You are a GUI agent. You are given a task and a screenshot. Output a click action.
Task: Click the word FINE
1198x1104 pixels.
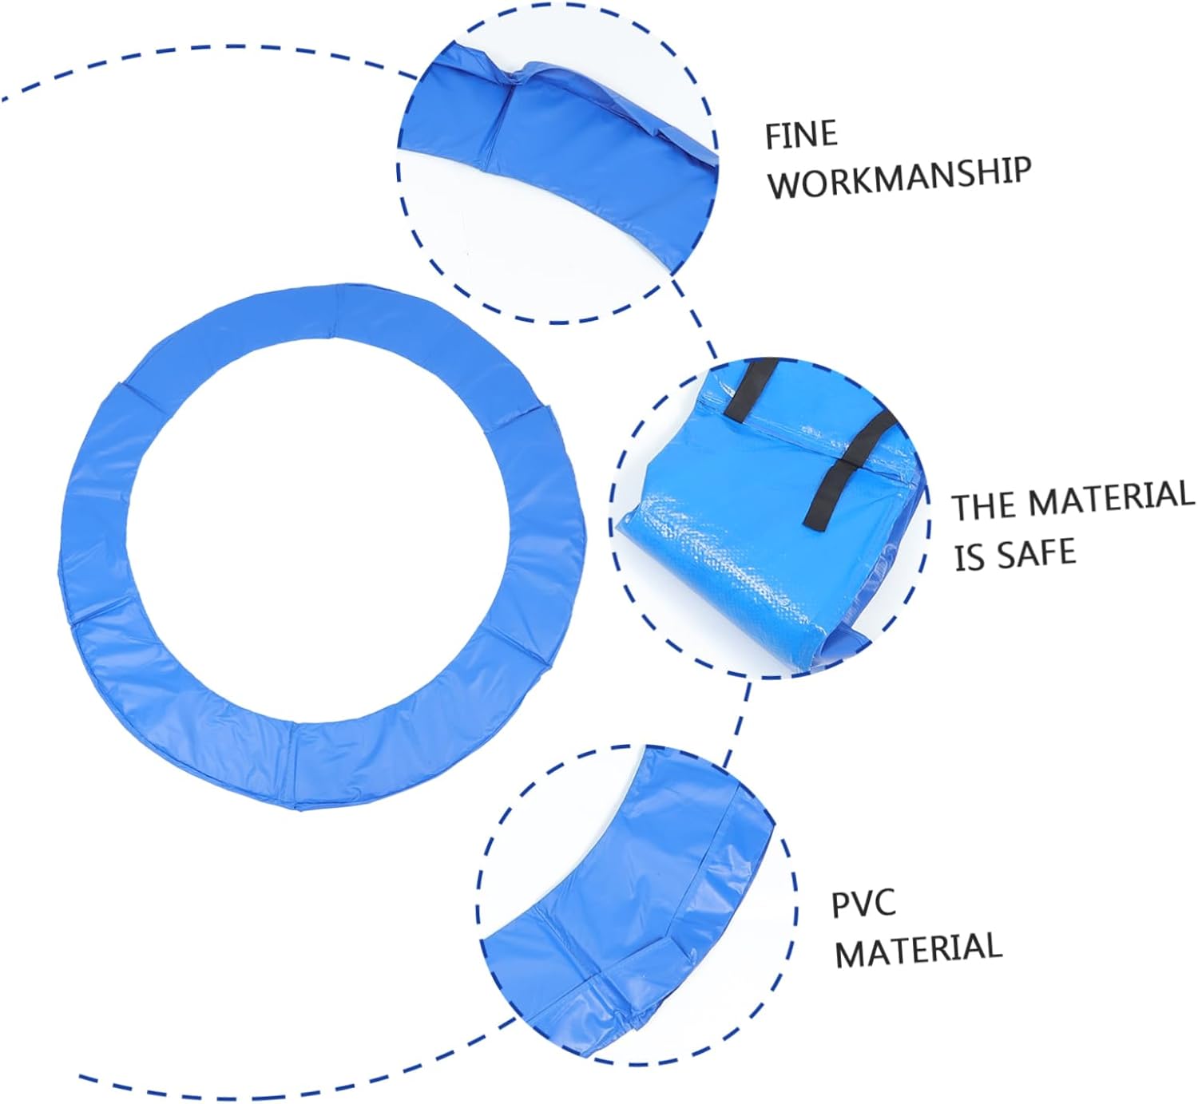click(801, 135)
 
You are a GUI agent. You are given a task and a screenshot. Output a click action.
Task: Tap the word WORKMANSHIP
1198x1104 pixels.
click(898, 177)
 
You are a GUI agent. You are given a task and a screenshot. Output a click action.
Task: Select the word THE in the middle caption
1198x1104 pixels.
click(985, 506)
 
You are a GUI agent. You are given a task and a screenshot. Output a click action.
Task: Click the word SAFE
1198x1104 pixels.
click(1037, 552)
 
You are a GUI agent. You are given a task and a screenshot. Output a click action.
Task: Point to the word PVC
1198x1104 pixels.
click(863, 904)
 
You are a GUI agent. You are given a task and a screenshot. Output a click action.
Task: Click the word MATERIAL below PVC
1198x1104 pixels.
click(918, 949)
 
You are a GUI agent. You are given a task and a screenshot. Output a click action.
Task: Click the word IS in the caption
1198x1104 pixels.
click(970, 558)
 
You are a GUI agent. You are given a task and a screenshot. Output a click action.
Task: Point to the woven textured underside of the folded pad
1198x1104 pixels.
click(719, 559)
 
